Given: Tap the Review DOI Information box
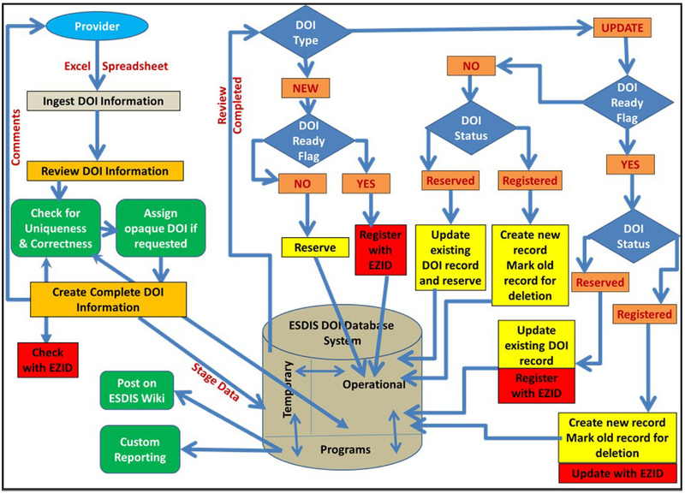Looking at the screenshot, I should (104, 171).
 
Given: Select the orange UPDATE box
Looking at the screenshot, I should (622, 27).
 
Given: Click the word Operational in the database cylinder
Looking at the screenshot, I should (372, 384).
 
